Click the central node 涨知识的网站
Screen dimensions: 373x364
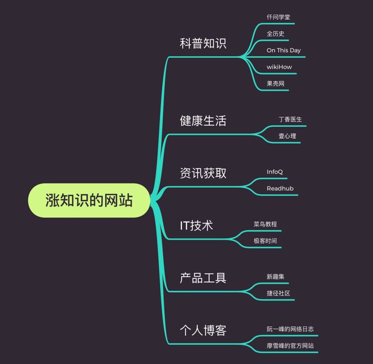(89, 200)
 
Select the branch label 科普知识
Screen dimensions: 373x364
(203, 44)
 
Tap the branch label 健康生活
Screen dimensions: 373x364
(203, 121)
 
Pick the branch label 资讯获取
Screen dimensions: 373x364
(203, 173)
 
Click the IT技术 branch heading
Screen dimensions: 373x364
(196, 225)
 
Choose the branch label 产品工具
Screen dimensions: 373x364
(203, 278)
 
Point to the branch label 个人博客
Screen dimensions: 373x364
(203, 330)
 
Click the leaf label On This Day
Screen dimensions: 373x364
(284, 50)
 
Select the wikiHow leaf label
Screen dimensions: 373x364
(279, 67)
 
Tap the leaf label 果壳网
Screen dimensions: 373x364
(275, 84)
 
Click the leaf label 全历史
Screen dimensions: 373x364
(275, 33)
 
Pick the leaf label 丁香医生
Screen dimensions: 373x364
(290, 119)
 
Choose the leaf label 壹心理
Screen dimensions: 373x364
(287, 136)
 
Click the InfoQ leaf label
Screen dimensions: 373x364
(275, 172)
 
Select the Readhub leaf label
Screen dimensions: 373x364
(280, 189)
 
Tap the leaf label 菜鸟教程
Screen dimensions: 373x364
(265, 224)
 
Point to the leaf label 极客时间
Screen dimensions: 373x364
(265, 241)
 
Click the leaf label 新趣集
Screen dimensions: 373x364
(275, 277)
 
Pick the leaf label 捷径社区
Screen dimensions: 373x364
(278, 293)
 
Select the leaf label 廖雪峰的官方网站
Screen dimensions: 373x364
(290, 346)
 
